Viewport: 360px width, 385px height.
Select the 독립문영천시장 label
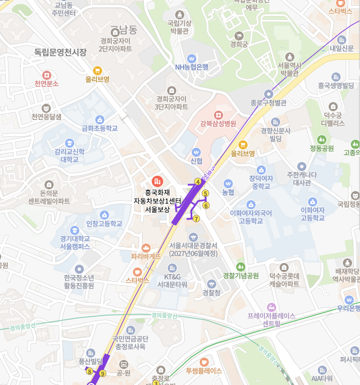click(x=60, y=52)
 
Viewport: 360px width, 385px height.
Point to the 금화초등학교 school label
click(x=100, y=128)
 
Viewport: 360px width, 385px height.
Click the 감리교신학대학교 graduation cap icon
click(x=70, y=143)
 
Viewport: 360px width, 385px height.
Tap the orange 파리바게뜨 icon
click(x=145, y=247)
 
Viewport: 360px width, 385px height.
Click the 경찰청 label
click(x=212, y=293)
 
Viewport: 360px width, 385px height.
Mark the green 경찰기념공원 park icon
click(x=240, y=266)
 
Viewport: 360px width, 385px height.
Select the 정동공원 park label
click(x=321, y=148)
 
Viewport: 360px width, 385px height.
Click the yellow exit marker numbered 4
click(x=198, y=181)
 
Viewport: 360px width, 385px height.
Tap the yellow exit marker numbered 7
click(x=196, y=218)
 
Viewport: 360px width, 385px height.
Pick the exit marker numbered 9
click(x=103, y=374)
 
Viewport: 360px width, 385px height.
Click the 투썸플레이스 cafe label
click(x=204, y=371)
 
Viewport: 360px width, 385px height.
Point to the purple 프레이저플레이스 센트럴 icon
click(x=271, y=307)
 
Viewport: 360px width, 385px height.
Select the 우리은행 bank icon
click(x=349, y=300)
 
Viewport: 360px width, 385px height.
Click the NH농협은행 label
click(x=192, y=67)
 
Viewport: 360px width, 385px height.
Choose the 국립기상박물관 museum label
click(x=179, y=27)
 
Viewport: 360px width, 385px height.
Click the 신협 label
click(x=196, y=161)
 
